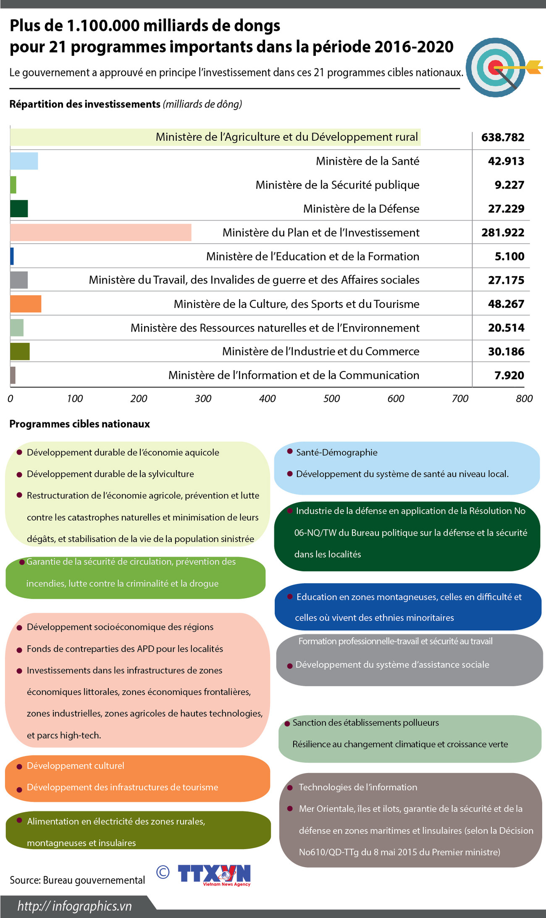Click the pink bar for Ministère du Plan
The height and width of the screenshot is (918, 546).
pos(101,232)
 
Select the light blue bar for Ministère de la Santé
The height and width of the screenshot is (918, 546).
pos(24,161)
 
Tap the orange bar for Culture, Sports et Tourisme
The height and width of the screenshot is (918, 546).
pos(26,304)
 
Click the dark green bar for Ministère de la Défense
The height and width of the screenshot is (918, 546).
pos(19,209)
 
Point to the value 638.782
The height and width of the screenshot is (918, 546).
pos(503,137)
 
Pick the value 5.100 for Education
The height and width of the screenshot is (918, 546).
pos(509,256)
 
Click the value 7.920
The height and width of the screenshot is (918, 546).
pos(509,375)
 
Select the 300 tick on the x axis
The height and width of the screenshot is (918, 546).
pos(203,398)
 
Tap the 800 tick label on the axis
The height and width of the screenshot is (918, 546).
pos(524,398)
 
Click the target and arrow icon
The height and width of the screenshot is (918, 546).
pos(500,67)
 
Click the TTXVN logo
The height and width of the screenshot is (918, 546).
pos(214,875)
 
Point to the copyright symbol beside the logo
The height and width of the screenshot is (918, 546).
pos(163,872)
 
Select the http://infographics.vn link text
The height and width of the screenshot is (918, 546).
pos(75,906)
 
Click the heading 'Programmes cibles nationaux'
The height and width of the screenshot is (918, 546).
pos(80,424)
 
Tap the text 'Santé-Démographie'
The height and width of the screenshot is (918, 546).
pos(337,452)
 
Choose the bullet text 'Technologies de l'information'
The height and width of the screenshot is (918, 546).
pos(358,787)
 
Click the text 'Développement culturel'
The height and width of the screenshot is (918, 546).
pos(76,765)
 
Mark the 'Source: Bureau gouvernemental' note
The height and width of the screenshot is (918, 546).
pos(77,880)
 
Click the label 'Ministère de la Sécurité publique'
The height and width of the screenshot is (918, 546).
pos(337,185)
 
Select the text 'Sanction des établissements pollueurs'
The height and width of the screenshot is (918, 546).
pos(365,722)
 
